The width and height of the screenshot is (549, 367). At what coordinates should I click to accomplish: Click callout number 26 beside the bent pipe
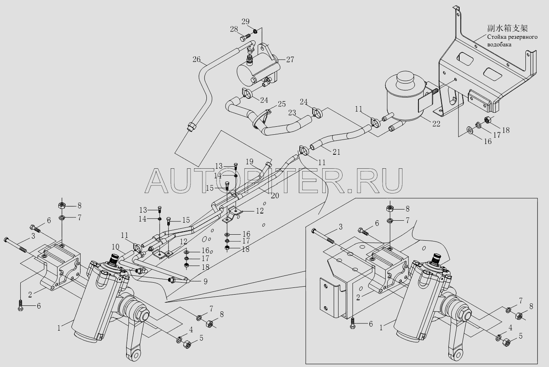pos(196,59)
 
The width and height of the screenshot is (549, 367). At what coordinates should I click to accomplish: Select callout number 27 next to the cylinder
pos(290,60)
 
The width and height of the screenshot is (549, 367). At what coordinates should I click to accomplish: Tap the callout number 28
pos(234,29)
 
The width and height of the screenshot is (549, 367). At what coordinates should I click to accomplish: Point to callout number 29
pos(245,22)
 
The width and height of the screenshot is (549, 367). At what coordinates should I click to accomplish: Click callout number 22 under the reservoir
pos(436,124)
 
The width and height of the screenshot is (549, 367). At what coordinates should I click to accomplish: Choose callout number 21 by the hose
pos(337,152)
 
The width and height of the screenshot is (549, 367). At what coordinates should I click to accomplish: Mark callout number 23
pos(292,113)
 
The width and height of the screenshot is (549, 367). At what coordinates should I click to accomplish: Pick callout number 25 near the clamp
pos(281,104)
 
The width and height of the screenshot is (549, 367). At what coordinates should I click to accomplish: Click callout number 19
pos(250,162)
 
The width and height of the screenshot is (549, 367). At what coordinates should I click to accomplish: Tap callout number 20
pos(275,195)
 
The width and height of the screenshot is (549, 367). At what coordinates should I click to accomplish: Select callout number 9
pos(205,281)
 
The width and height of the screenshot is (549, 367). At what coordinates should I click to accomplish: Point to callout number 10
pos(115,247)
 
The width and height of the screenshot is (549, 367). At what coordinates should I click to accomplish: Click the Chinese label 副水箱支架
pos(507,28)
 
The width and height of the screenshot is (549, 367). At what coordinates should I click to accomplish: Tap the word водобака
pos(499,45)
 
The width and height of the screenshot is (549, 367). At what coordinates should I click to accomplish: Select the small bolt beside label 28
pos(245,38)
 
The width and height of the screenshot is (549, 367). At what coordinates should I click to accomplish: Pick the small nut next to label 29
pos(255,31)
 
